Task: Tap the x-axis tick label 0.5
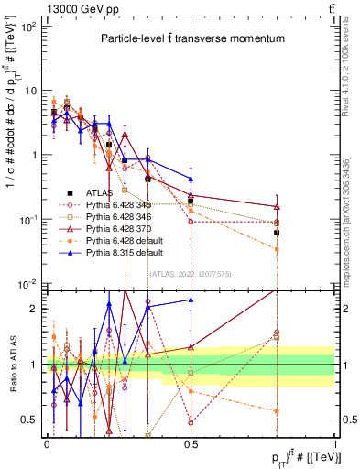click(x=191, y=442)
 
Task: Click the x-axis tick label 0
click(x=47, y=442)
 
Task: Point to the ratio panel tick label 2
click(x=35, y=309)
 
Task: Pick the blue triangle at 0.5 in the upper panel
click(x=191, y=179)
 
